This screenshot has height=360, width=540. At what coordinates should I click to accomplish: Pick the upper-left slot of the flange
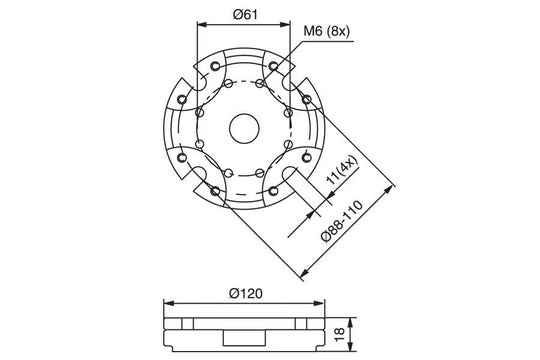tap(192, 83)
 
